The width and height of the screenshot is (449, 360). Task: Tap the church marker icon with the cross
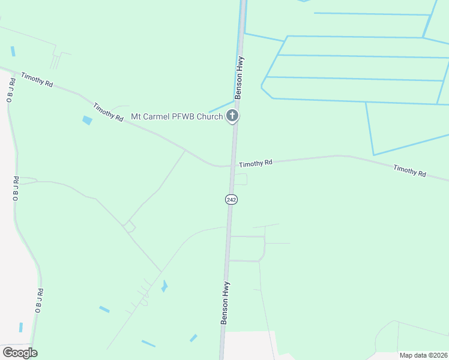[232, 116]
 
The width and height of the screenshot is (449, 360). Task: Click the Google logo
[20, 352]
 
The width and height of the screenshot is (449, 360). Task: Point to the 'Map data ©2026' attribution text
[423, 355]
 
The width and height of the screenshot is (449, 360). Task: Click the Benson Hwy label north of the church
[240, 77]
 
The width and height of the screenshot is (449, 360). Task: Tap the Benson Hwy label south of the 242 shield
[226, 303]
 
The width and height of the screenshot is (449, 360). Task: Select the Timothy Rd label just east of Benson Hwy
[256, 163]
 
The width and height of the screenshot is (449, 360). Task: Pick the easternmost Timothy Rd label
[409, 170]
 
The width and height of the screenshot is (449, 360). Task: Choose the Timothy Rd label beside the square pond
[108, 112]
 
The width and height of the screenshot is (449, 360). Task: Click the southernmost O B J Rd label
[39, 301]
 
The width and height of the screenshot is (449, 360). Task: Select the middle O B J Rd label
[16, 188]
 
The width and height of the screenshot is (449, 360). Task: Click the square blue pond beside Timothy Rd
[88, 120]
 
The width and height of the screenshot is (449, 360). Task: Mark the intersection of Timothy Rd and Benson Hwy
[232, 166]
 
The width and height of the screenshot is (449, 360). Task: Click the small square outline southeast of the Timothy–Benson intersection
[240, 179]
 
